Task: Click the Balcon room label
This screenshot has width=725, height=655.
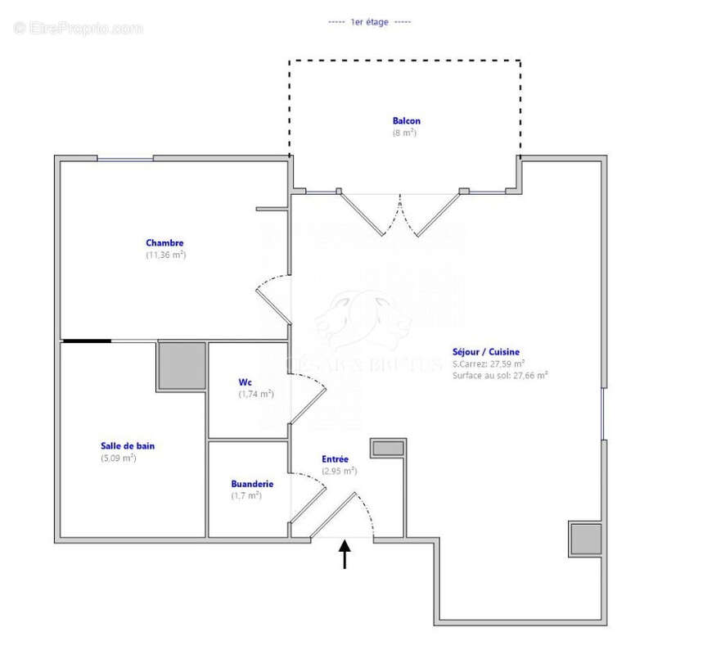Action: point(406,121)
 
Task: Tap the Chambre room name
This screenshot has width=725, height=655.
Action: point(164,242)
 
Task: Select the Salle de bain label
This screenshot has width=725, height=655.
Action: point(128,446)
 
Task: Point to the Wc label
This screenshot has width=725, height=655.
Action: point(245,382)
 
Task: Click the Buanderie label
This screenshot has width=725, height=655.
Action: point(252,484)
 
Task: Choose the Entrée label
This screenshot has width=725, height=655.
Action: point(335,459)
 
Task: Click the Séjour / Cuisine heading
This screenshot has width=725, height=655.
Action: point(486,352)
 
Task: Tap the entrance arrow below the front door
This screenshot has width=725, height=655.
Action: point(344,554)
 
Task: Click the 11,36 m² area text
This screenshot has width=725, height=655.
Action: point(165,255)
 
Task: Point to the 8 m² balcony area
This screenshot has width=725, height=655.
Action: point(405,133)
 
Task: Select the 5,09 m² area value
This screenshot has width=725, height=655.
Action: point(118,458)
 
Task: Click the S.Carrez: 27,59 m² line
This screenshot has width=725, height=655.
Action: point(489,364)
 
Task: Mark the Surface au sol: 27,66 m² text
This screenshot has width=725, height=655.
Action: point(500,375)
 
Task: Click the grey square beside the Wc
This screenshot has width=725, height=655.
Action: point(182,365)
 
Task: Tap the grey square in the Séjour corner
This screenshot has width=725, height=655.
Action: point(585,539)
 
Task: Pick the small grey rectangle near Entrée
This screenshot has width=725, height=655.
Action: point(388,448)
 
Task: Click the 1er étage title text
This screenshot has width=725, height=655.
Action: point(369,22)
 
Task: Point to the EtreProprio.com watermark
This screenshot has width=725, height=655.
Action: point(79,28)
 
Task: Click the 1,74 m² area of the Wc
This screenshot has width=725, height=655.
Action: point(255,394)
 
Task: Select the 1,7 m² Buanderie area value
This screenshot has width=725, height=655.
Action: point(245,495)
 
